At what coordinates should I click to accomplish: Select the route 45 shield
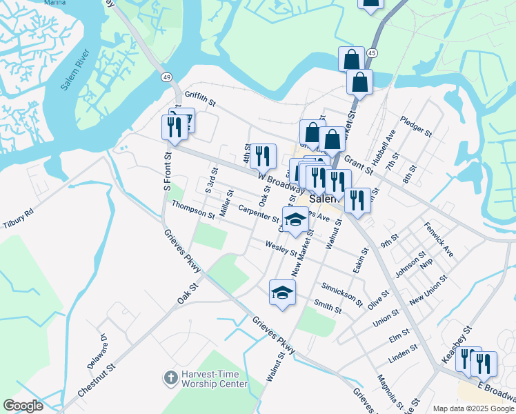[372, 53]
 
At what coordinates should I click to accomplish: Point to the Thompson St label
[194, 210]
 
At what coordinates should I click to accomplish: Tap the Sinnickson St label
[342, 293]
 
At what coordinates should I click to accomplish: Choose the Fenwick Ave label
[439, 239]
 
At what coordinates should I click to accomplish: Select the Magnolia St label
[390, 391]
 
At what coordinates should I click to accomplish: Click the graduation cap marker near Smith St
[282, 293]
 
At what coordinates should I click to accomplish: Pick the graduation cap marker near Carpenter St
[295, 220]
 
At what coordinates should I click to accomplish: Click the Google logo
[23, 406]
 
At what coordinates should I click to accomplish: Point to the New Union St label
[428, 291]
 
